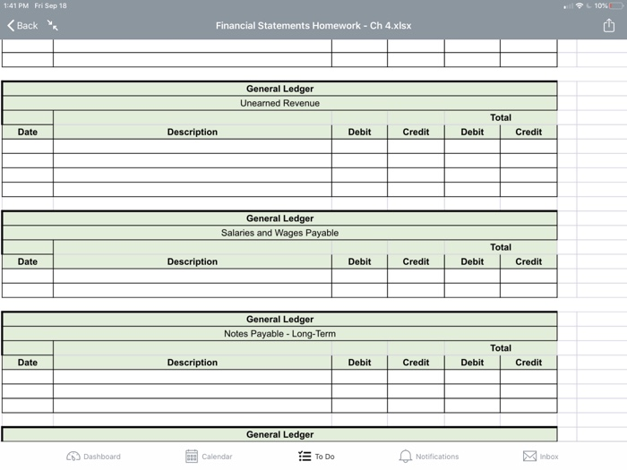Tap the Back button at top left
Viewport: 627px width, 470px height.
tap(22, 26)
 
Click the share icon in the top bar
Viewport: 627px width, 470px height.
tap(609, 25)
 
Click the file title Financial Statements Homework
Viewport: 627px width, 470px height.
tap(313, 25)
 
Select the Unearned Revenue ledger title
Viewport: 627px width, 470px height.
tap(279, 103)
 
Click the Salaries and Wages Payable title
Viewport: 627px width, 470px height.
tap(279, 233)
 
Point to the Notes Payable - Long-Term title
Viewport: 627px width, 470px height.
tap(279, 334)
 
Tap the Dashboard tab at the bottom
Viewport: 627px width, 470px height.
tap(93, 457)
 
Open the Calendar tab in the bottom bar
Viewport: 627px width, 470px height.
tap(209, 457)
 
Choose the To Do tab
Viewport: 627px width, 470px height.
tap(316, 457)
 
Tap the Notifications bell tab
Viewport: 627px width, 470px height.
tap(428, 457)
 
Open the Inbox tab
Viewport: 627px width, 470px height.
tap(541, 457)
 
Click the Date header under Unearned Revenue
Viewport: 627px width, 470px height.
tap(28, 132)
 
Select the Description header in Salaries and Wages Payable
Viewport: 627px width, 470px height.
tap(192, 261)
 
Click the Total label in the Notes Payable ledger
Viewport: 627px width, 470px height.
tap(501, 348)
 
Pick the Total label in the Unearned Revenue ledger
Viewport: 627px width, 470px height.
tap(501, 117)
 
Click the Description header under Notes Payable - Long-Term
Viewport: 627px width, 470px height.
tap(192, 363)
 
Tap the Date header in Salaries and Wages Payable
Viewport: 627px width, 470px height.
tap(28, 261)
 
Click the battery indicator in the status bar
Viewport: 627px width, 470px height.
tap(615, 5)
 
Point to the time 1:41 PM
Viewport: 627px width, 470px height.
tap(16, 5)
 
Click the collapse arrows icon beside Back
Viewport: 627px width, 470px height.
tap(53, 26)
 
